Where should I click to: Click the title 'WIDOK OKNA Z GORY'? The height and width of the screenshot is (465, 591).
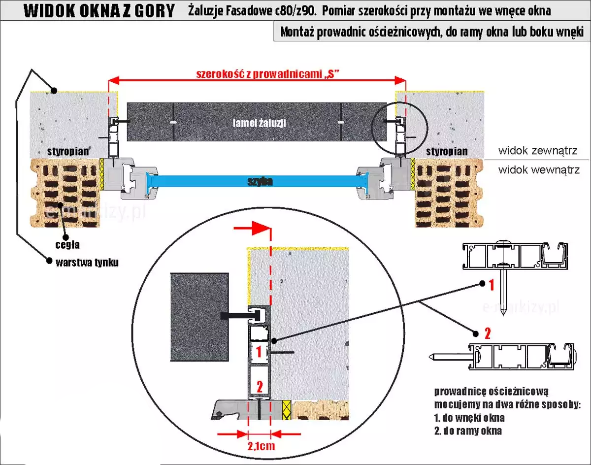[99, 10]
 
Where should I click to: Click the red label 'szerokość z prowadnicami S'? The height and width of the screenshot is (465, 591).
[269, 74]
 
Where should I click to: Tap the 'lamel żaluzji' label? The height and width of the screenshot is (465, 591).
[259, 123]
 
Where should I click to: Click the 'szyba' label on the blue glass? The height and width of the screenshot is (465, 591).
[260, 182]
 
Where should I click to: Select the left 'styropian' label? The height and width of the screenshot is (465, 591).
[67, 151]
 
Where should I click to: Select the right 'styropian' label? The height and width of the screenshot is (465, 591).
[447, 151]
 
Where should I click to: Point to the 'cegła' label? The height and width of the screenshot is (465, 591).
[67, 244]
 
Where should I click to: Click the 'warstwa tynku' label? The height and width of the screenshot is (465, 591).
[87, 262]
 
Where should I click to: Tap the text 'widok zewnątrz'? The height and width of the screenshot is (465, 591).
[537, 150]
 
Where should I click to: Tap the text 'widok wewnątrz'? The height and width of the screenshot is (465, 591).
[539, 170]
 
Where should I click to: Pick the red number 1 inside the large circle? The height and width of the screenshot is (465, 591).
[259, 352]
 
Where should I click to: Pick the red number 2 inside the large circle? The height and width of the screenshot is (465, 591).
[259, 385]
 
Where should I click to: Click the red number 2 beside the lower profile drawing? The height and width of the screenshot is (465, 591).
[488, 334]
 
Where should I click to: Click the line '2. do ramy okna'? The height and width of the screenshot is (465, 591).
[468, 431]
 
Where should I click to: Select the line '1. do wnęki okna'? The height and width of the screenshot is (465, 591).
[469, 418]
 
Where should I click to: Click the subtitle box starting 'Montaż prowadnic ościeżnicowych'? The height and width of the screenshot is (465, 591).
[431, 32]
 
